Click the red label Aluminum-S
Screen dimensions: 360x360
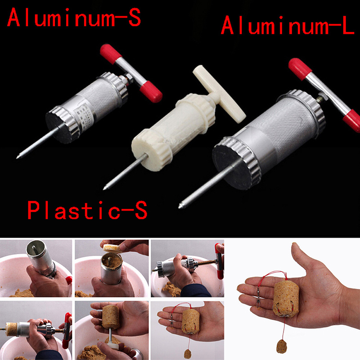click(x=74, y=17)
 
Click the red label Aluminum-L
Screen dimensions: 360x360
click(x=288, y=25)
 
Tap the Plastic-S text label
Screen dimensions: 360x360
click(x=87, y=210)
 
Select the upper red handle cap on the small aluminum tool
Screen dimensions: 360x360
click(x=111, y=54)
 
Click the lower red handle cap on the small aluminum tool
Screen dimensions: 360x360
click(x=152, y=92)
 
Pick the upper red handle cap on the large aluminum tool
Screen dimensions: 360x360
click(x=300, y=69)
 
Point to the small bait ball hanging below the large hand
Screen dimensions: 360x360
click(x=282, y=346)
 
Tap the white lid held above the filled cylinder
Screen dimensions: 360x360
click(x=112, y=248)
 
